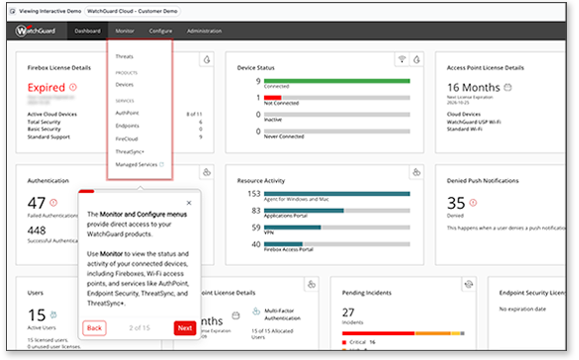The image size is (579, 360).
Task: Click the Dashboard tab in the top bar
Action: tap(86, 31)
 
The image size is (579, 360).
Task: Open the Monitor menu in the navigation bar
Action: tap(124, 31)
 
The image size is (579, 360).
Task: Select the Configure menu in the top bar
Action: tap(160, 31)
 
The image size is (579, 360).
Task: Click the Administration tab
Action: tap(204, 31)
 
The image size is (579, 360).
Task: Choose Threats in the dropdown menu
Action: tap(125, 56)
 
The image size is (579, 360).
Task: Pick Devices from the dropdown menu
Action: tap(126, 85)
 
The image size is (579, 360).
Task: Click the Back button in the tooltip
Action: tap(94, 328)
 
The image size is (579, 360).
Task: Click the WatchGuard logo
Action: tap(35, 31)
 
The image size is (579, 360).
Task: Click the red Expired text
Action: tap(44, 88)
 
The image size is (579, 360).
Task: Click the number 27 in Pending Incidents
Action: tap(350, 313)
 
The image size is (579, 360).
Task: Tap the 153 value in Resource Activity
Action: tap(253, 193)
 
